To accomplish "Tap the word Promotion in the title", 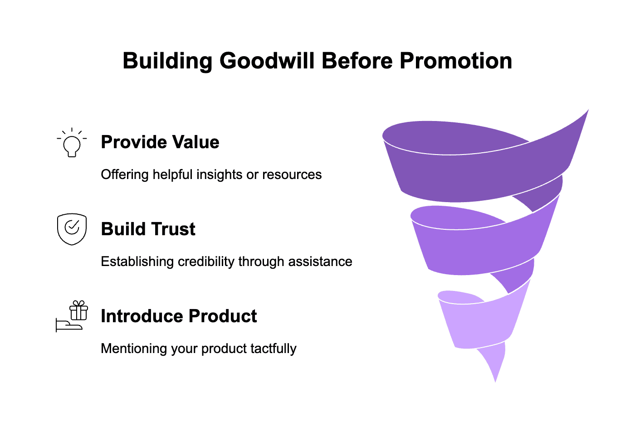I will pyautogui.click(x=455, y=61).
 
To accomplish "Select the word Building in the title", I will pyautogui.click(x=167, y=61).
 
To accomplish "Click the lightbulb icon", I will pyautogui.click(x=72, y=143).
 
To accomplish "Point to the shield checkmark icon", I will pyautogui.click(x=72, y=229).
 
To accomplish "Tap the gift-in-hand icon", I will pyautogui.click(x=72, y=316).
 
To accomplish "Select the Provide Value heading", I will pyautogui.click(x=160, y=142).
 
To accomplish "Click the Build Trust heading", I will pyautogui.click(x=148, y=229).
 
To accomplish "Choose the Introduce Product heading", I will pyautogui.click(x=179, y=316).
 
